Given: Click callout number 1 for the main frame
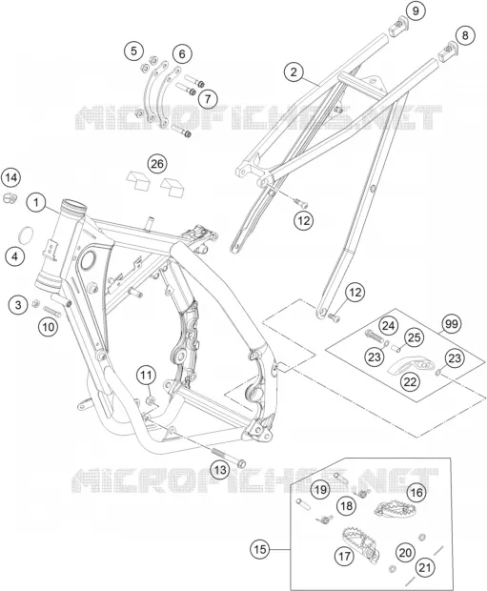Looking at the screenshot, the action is pyautogui.click(x=36, y=203).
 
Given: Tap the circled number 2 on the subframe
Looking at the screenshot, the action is pyautogui.click(x=294, y=71).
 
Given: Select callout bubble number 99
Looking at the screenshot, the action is pyautogui.click(x=452, y=324).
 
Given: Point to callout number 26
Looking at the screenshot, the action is pyautogui.click(x=157, y=164).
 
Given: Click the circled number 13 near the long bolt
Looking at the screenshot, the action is pyautogui.click(x=220, y=470).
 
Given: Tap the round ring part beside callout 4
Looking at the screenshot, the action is pyautogui.click(x=26, y=235).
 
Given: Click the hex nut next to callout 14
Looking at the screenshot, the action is pyautogui.click(x=9, y=197).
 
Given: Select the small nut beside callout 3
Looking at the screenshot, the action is pyautogui.click(x=36, y=302).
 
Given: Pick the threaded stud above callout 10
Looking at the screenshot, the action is pyautogui.click(x=52, y=312).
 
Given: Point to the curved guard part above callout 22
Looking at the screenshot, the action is pyautogui.click(x=411, y=366).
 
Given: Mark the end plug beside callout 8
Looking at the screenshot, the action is pyautogui.click(x=447, y=51).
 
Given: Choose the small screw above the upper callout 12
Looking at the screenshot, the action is pyautogui.click(x=301, y=203).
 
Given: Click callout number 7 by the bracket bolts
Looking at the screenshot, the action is pyautogui.click(x=208, y=99).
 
